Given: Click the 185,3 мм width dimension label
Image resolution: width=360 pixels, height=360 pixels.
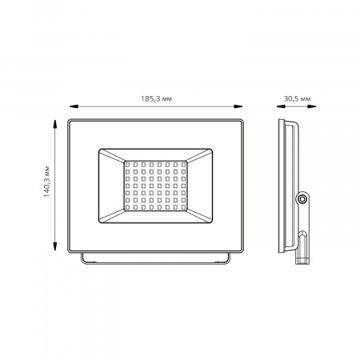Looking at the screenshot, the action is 156,99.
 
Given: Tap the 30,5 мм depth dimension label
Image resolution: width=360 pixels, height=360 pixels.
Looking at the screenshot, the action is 297,99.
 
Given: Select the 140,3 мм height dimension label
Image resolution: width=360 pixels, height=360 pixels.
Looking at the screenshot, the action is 47,182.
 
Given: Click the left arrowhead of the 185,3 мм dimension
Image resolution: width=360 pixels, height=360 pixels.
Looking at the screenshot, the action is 74,106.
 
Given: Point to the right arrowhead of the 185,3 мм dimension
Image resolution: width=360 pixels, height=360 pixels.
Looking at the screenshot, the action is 238,106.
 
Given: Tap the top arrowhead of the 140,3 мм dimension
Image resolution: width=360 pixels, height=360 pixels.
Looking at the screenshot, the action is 55,124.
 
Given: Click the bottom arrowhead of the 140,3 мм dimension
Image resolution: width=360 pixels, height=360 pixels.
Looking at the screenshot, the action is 55,246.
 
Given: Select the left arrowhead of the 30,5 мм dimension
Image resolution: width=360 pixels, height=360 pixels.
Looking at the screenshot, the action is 281,106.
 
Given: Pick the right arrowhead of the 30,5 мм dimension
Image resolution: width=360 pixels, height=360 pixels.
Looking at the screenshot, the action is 311,106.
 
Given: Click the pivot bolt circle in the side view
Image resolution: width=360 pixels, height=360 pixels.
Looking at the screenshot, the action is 302,198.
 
